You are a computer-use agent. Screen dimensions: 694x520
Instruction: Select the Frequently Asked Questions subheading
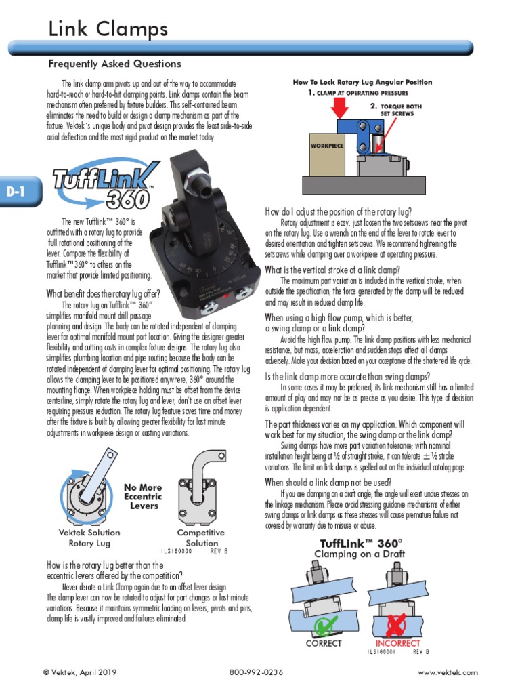pyautogui.click(x=114, y=64)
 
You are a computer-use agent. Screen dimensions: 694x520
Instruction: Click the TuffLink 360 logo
pyautogui.click(x=106, y=186)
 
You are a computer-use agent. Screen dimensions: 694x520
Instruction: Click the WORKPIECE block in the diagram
pyautogui.click(x=327, y=146)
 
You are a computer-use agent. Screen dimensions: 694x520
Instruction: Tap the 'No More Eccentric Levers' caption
pyautogui.click(x=143, y=496)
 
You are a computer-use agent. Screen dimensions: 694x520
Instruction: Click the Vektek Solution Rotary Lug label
pyautogui.click(x=85, y=538)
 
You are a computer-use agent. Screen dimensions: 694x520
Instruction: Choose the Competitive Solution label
pyautogui.click(x=202, y=538)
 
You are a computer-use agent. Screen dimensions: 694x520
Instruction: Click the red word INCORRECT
pyautogui.click(x=397, y=643)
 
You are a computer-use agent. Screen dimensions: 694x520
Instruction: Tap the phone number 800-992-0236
pyautogui.click(x=256, y=672)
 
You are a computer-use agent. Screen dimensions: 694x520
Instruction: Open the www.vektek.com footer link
pyautogui.click(x=448, y=672)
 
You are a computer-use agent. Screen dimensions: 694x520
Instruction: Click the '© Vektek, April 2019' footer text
pyautogui.click(x=79, y=672)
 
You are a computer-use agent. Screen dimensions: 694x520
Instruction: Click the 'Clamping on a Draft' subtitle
pyautogui.click(x=360, y=554)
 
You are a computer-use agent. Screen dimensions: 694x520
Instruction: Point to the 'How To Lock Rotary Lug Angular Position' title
pyautogui.click(x=362, y=82)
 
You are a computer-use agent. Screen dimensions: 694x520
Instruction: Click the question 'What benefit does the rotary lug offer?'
pyautogui.click(x=103, y=293)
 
